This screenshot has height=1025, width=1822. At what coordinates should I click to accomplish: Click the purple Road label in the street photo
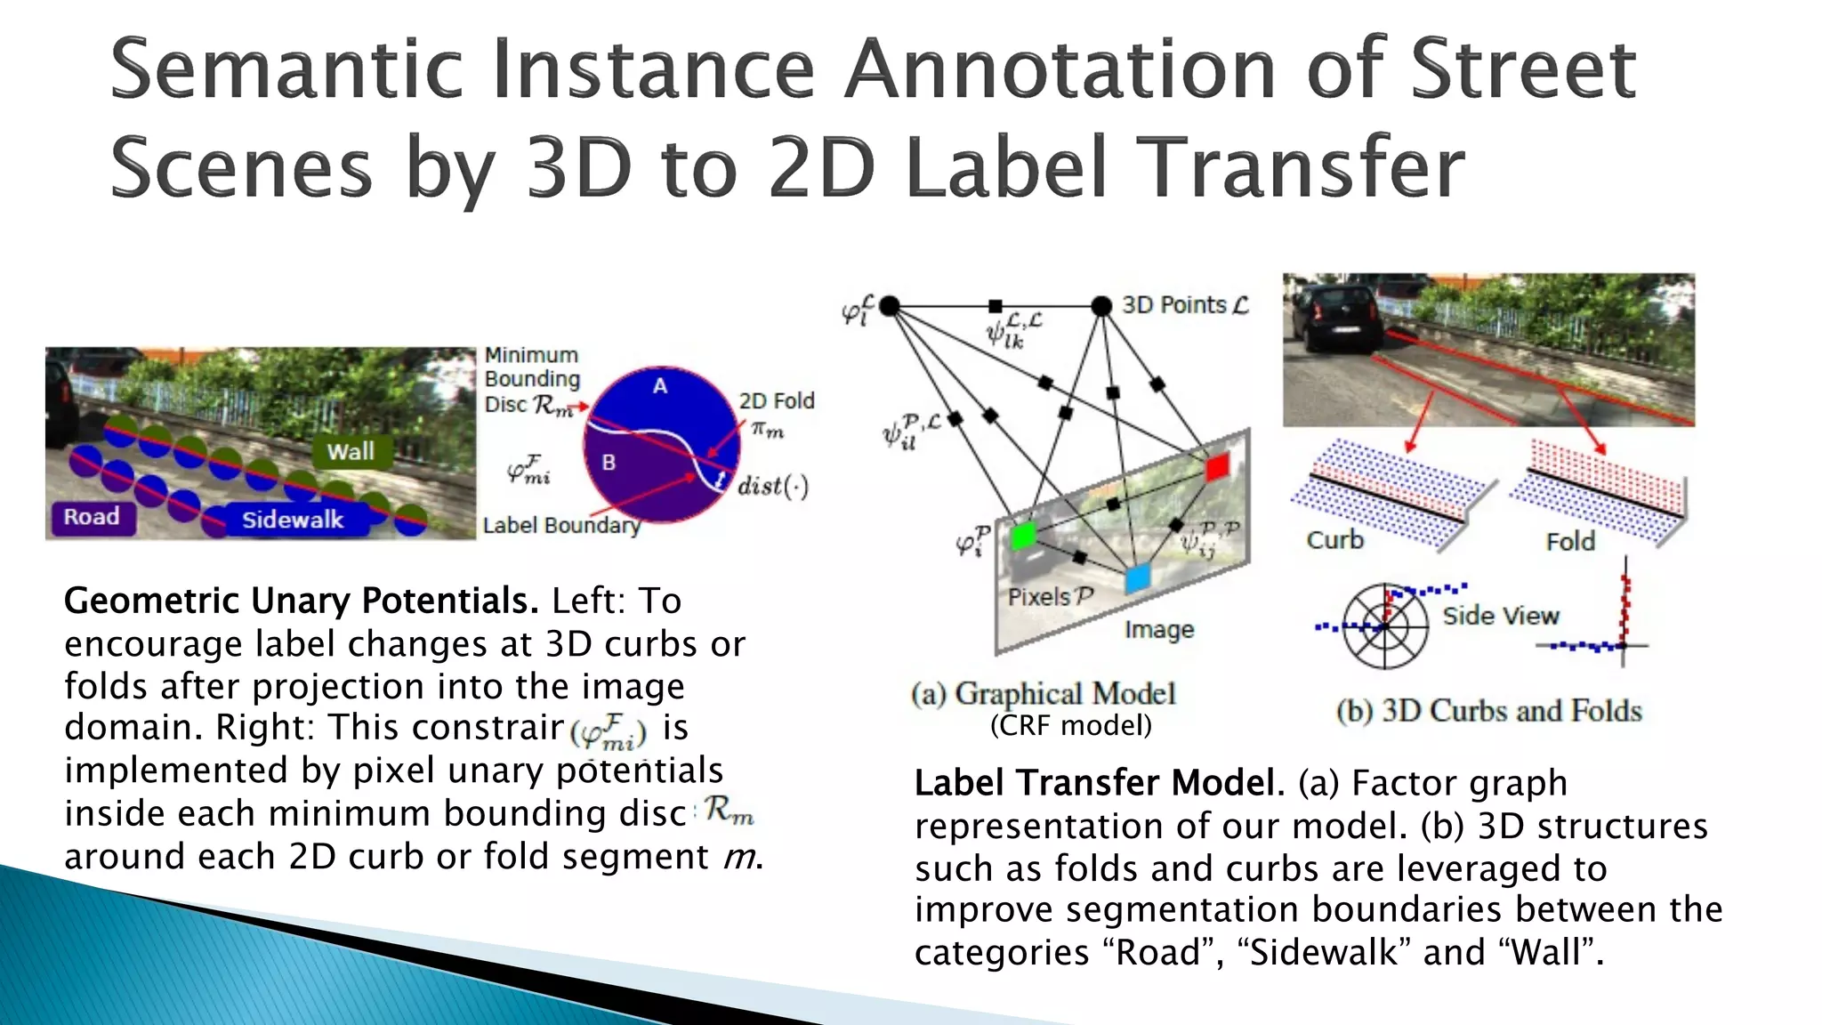(93, 517)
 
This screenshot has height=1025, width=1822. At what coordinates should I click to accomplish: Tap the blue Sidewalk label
(293, 520)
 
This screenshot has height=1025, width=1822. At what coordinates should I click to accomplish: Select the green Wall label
(351, 452)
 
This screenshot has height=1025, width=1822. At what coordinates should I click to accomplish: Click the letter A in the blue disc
(659, 386)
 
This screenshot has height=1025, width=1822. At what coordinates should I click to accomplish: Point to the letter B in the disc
(609, 463)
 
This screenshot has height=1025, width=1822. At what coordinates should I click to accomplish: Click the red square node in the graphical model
(1216, 466)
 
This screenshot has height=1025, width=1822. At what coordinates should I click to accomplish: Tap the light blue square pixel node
(1137, 579)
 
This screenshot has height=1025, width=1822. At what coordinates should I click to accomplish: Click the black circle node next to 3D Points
(1101, 306)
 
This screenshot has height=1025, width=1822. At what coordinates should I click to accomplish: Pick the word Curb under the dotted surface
(1334, 540)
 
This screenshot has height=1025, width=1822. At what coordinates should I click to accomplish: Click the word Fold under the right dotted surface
(1570, 541)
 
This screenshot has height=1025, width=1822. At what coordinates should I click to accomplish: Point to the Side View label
(1501, 616)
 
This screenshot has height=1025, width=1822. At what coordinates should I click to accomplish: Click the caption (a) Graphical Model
(1043, 694)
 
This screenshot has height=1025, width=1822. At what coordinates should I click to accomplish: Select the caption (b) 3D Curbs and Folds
(1488, 711)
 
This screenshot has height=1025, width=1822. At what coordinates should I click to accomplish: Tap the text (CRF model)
(1070, 726)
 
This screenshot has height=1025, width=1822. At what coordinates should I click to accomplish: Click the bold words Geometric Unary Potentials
(301, 601)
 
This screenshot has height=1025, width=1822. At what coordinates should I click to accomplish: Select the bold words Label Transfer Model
(1099, 783)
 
